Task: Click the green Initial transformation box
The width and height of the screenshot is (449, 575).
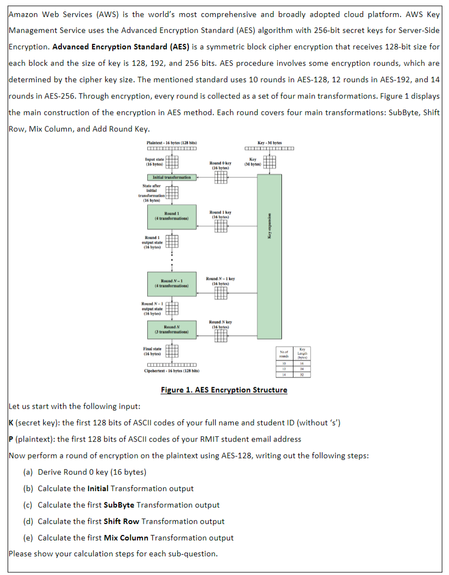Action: (171, 177)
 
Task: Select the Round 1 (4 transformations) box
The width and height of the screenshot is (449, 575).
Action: (171, 216)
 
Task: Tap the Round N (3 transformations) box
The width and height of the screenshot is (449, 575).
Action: (171, 330)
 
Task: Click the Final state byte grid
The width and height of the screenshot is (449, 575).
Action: (171, 351)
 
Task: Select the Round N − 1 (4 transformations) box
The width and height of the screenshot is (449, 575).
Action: (171, 283)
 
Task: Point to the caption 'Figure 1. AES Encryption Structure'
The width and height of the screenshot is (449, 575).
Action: (223, 390)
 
